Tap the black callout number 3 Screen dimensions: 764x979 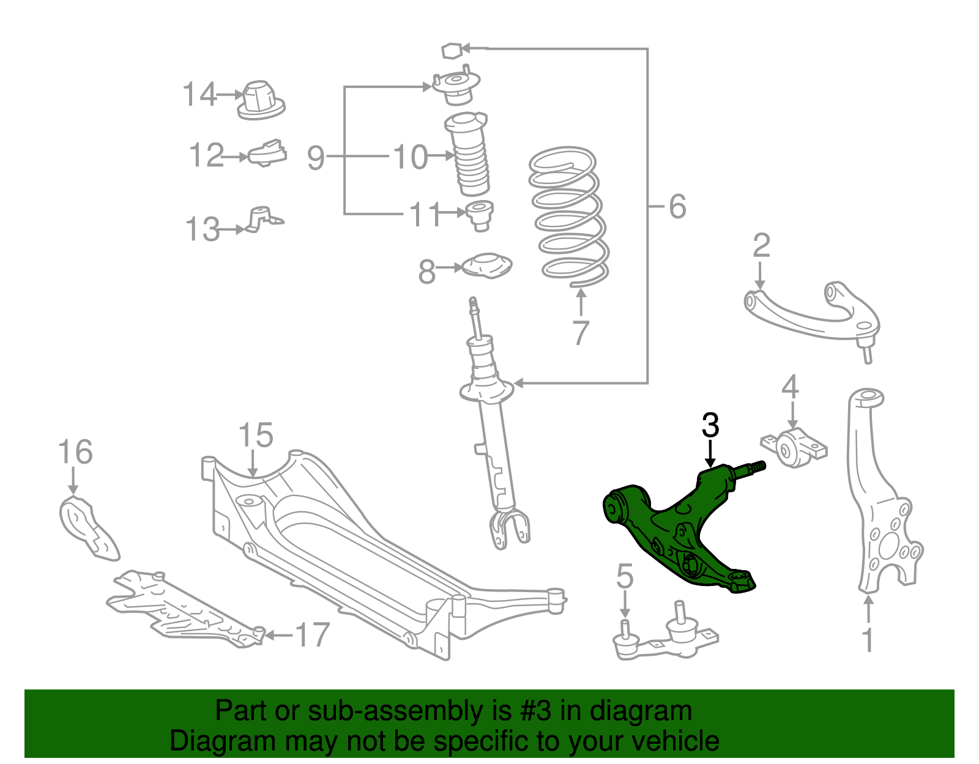[710, 426]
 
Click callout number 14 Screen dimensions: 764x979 [199, 95]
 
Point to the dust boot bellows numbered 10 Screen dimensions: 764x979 [470, 156]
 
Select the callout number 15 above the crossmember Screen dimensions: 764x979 [255, 436]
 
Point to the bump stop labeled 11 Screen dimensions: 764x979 [480, 215]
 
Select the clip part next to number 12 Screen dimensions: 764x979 [268, 154]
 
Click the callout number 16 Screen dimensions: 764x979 [75, 452]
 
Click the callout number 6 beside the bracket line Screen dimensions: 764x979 [677, 206]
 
